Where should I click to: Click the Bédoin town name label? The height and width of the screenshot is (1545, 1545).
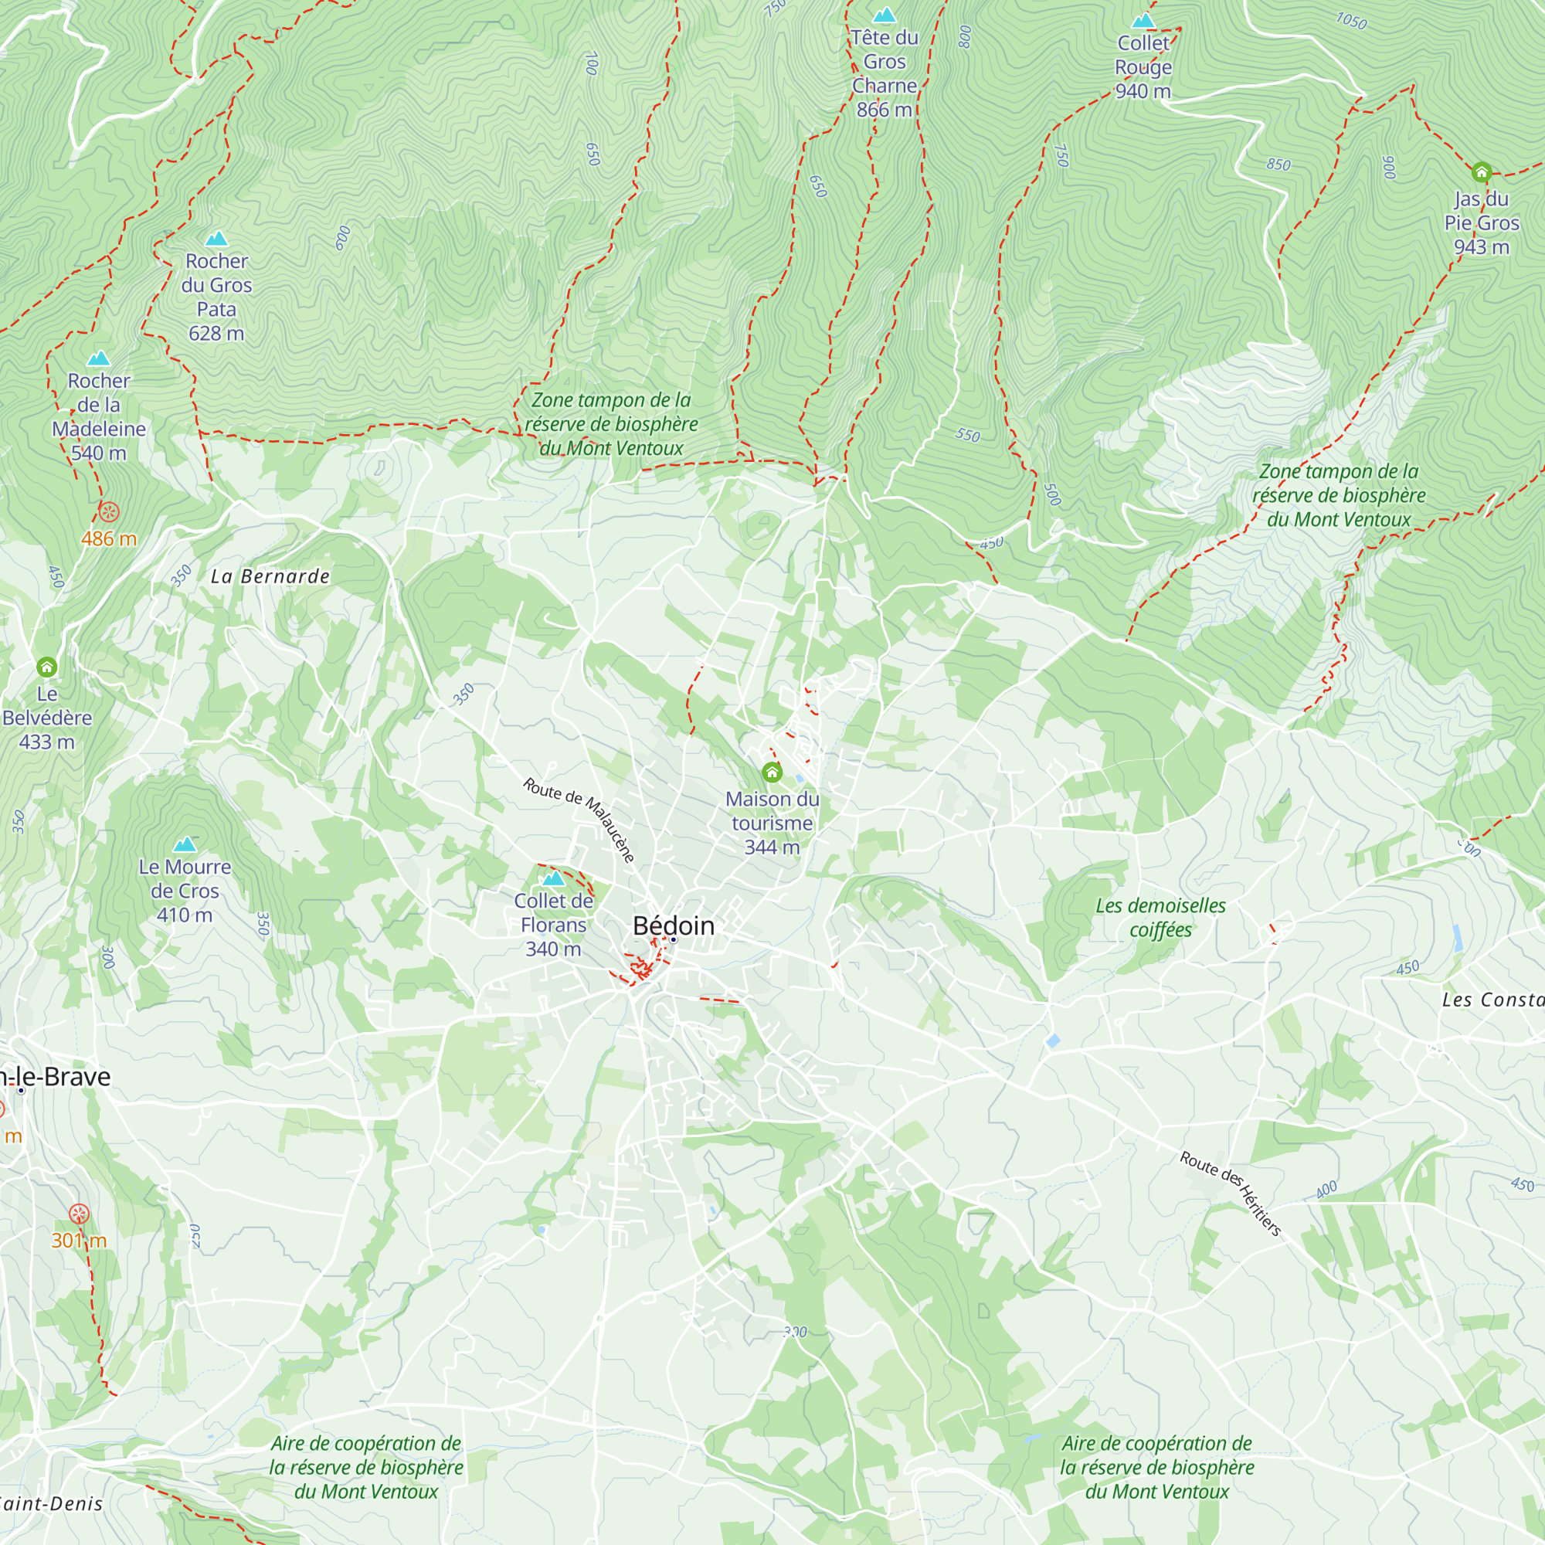click(674, 925)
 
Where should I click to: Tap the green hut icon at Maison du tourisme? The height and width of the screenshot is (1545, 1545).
click(772, 772)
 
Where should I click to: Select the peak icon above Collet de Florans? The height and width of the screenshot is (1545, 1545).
click(553, 878)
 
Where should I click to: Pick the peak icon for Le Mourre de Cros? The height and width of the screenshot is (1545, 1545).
click(185, 844)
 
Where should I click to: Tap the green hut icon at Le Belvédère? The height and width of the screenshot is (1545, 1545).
click(46, 666)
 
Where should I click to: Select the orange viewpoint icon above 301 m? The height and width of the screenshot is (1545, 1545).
click(78, 1214)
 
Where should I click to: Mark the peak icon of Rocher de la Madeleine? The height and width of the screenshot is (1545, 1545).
click(98, 358)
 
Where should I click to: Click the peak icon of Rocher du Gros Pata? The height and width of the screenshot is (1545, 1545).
click(217, 238)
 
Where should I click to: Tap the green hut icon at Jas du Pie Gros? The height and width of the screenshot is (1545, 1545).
click(1481, 172)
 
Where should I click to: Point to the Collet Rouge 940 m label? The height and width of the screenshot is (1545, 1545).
click(1143, 67)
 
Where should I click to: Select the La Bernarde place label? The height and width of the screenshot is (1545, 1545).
click(270, 576)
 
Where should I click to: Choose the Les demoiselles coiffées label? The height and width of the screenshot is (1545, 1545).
click(1160, 917)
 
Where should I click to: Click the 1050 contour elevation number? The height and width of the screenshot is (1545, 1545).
click(1351, 21)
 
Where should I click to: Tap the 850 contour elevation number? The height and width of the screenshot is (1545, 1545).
click(1278, 164)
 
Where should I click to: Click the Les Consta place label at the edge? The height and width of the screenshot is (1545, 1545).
click(1492, 1000)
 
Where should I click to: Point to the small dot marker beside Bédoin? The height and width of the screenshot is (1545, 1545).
click(674, 939)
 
